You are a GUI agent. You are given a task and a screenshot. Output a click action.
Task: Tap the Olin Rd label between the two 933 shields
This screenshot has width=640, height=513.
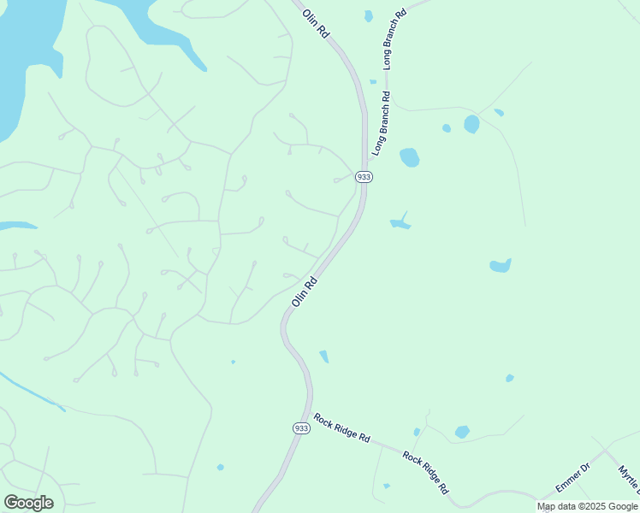305,292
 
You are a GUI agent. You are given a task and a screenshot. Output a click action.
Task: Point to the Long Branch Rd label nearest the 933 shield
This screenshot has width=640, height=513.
382,123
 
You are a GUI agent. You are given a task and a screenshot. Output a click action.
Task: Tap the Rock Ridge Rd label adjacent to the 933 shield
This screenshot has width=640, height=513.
341,427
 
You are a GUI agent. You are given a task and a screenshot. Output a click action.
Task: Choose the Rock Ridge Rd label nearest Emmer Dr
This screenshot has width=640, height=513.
426,472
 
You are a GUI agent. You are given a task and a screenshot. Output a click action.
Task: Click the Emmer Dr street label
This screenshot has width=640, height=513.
573,477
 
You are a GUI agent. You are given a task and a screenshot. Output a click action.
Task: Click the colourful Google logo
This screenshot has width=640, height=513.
28,503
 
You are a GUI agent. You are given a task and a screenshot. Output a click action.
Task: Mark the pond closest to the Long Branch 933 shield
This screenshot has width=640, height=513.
409,157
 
